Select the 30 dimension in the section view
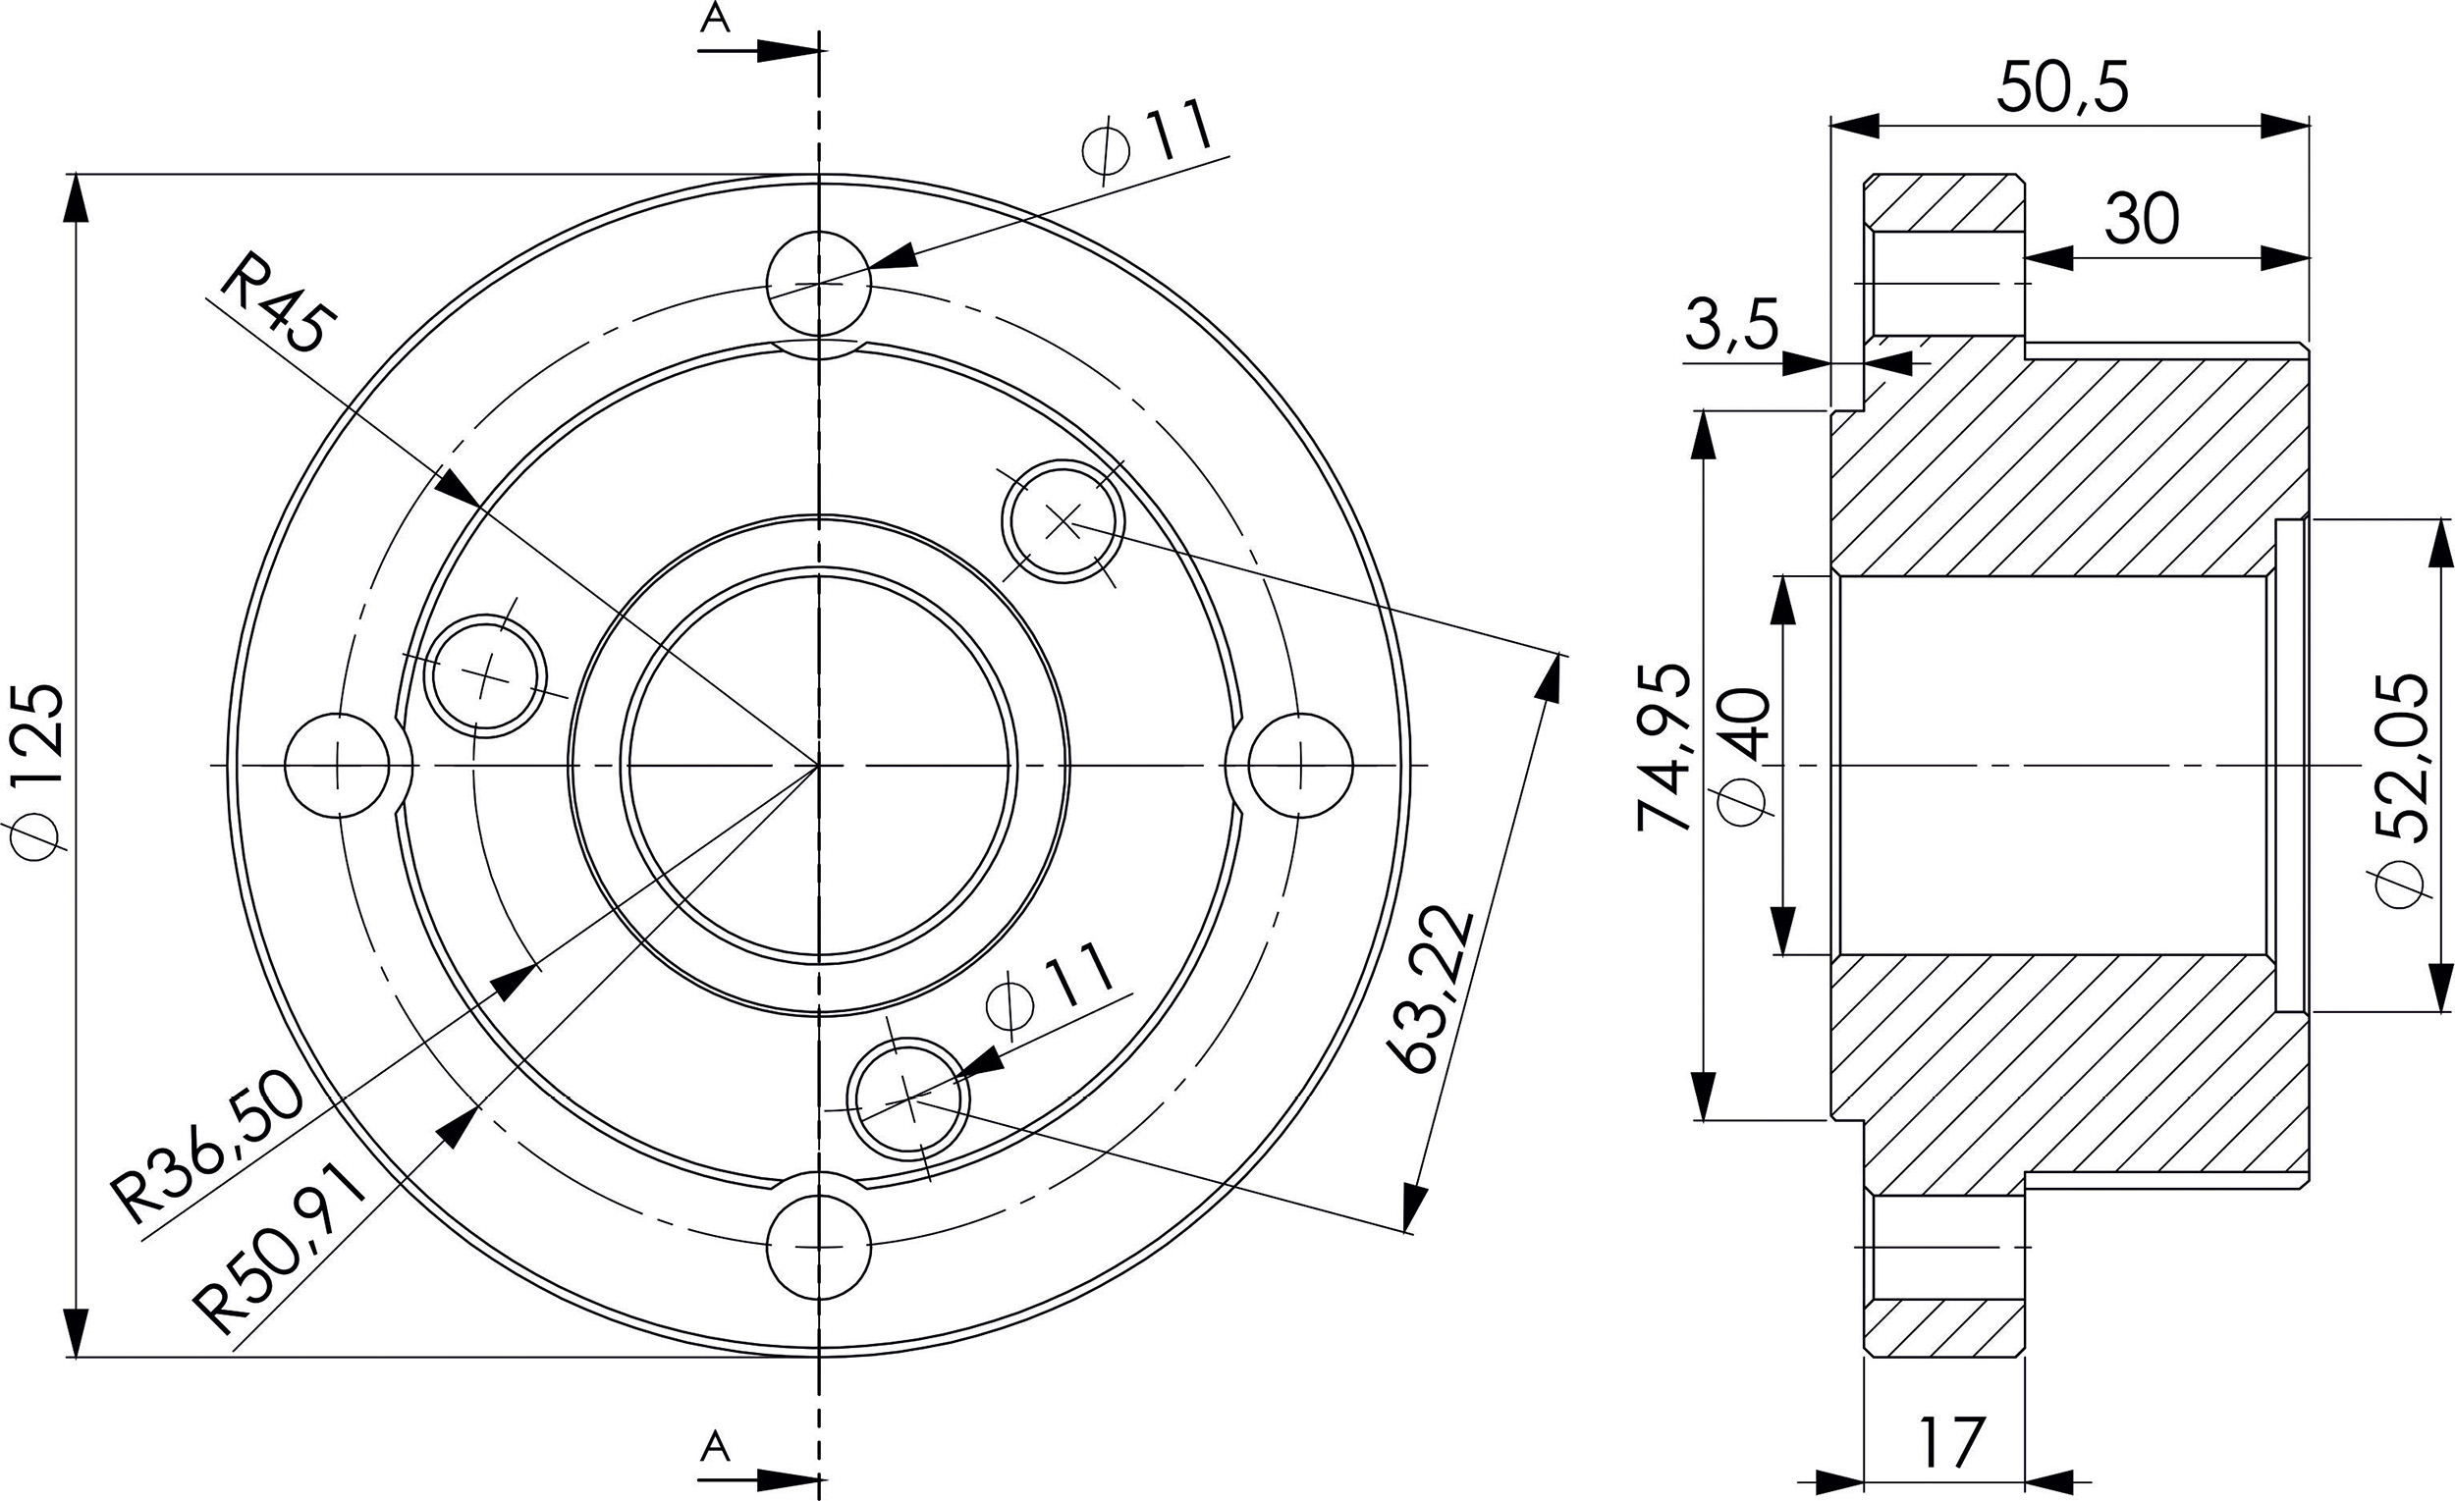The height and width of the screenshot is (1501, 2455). [2141, 219]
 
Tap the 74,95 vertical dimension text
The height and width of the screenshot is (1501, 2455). [1664, 747]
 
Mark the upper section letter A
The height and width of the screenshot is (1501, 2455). [714, 18]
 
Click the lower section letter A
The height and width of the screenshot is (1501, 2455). [714, 1447]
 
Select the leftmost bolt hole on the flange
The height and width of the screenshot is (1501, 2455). [337, 765]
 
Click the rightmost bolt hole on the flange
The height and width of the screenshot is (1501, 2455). [1301, 765]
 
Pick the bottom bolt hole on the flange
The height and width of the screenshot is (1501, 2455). [819, 1246]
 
